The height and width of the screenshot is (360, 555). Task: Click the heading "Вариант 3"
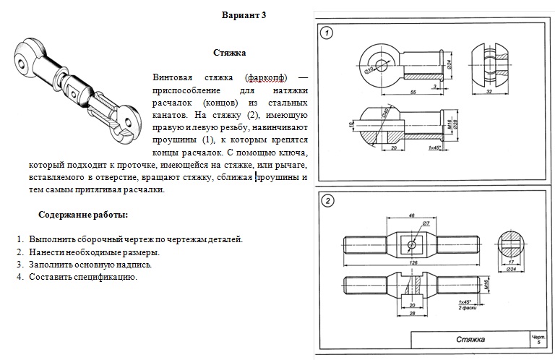pos(244,15)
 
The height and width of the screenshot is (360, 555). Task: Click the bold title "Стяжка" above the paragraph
pos(230,53)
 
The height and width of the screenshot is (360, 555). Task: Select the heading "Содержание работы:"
pos(84,215)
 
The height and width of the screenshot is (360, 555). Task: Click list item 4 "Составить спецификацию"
pos(82,277)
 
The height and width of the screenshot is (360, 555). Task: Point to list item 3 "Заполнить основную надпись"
pos(90,265)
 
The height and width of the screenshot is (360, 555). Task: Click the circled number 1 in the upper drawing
pos(327,33)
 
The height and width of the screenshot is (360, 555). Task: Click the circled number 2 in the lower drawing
pos(327,201)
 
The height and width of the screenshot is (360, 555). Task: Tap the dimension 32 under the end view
pos(489,93)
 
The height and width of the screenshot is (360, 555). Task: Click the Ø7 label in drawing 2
pos(426,224)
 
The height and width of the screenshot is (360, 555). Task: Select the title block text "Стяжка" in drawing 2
pos(470,340)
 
